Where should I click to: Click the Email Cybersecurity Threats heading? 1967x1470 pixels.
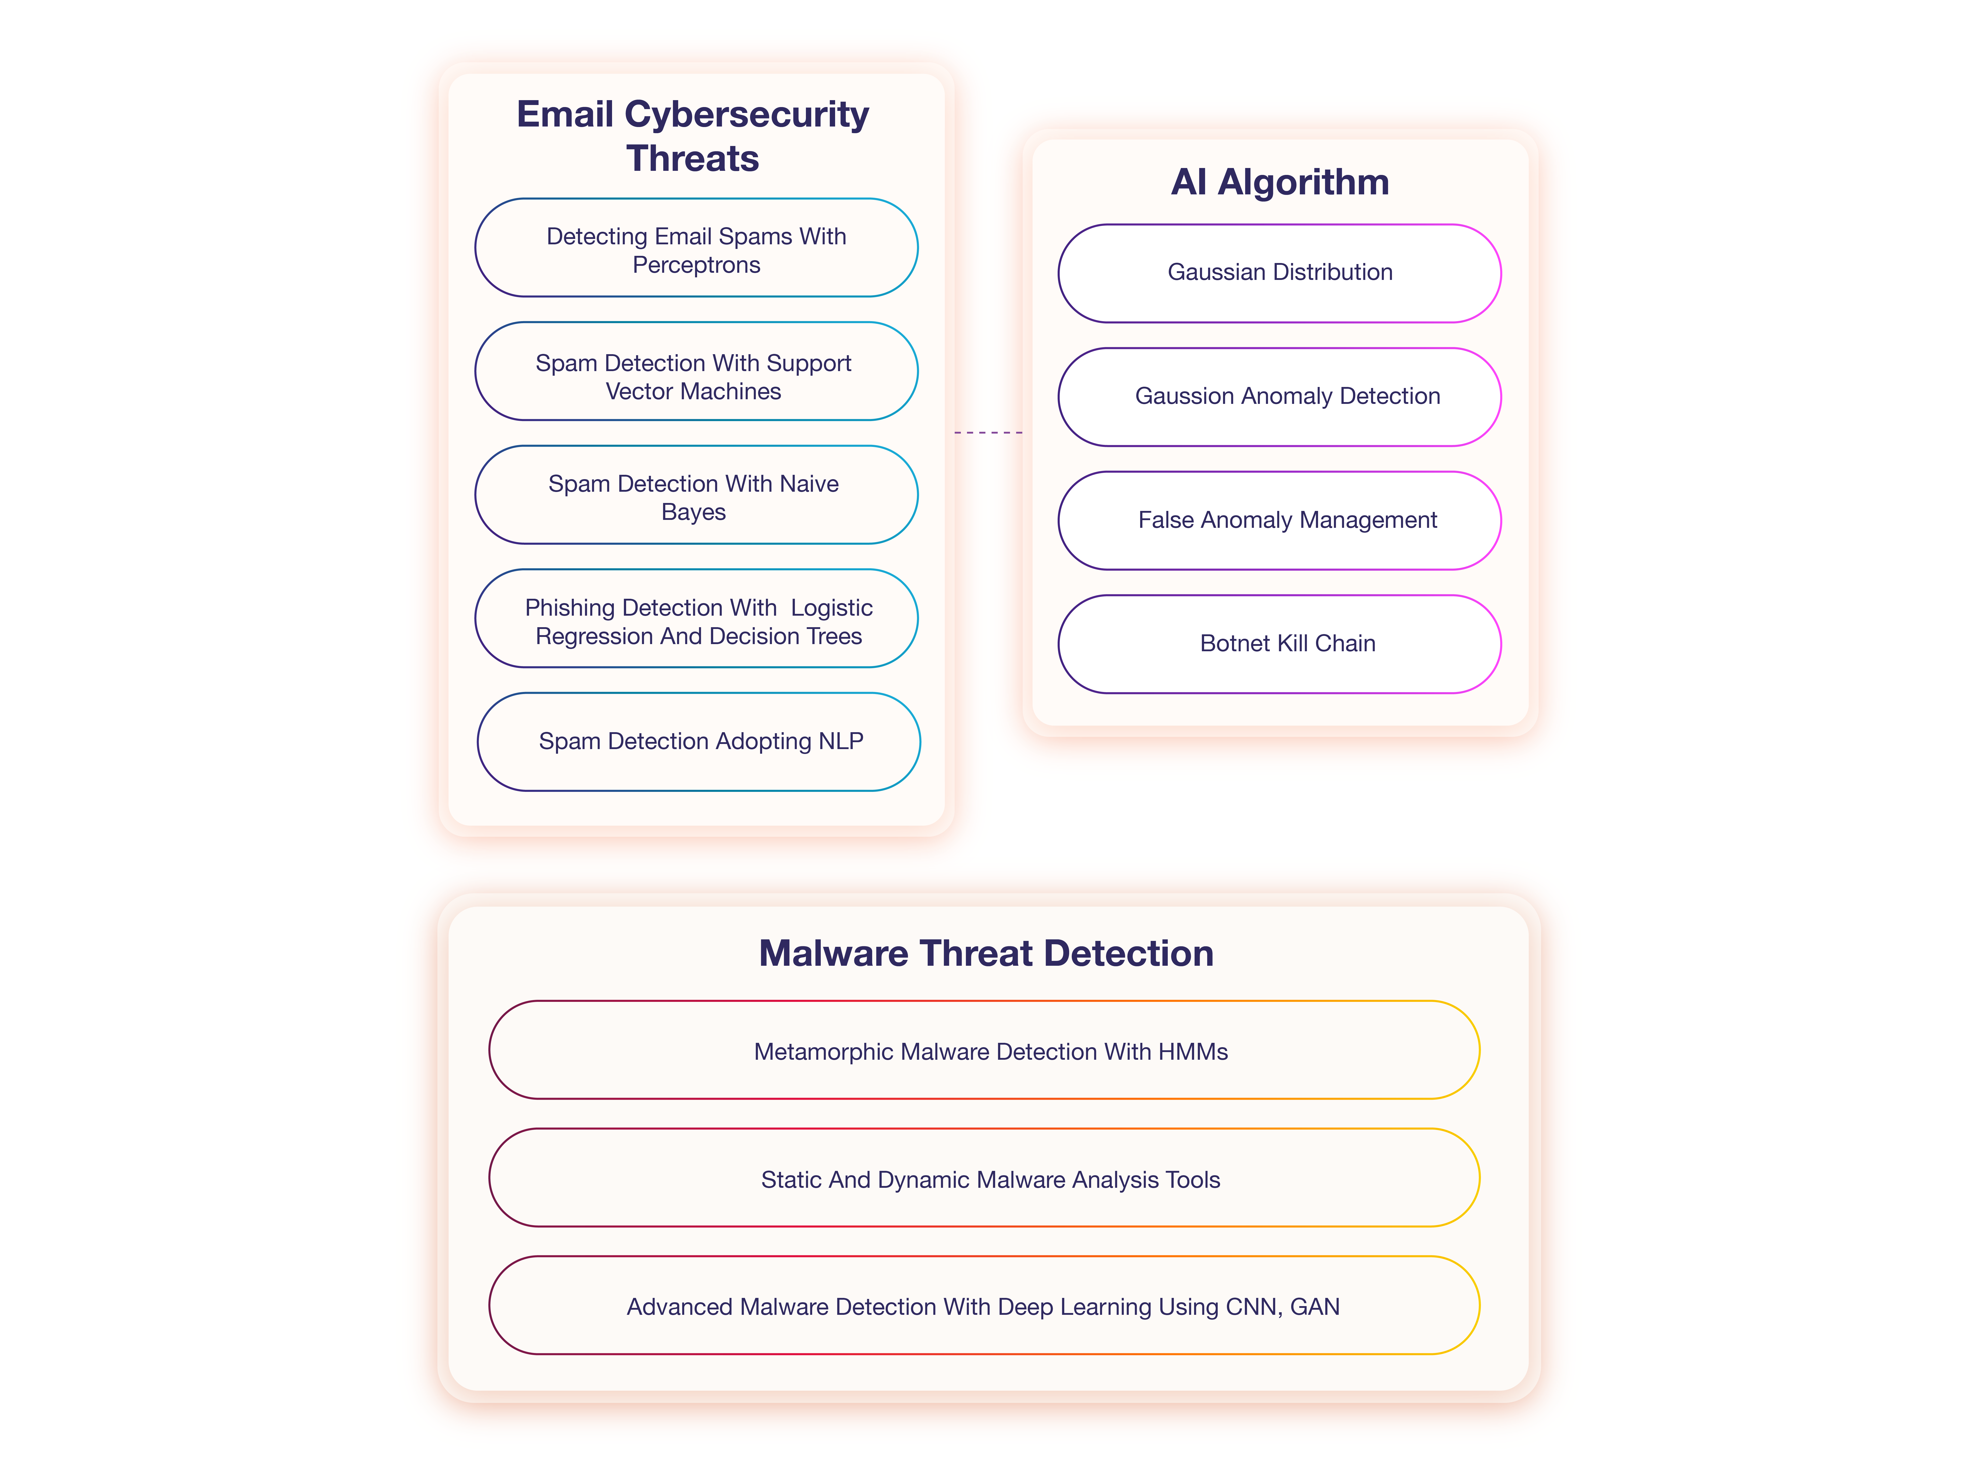(693, 136)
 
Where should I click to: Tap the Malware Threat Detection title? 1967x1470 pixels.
(986, 953)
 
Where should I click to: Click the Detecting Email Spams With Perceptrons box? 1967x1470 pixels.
(696, 247)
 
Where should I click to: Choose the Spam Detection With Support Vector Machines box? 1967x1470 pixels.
(696, 371)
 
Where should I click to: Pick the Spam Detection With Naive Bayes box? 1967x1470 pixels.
(696, 495)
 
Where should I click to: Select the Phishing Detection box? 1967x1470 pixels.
(696, 618)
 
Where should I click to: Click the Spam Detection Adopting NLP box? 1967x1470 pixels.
(699, 742)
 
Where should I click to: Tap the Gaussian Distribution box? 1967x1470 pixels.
(1280, 273)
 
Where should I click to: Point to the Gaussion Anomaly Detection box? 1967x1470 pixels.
(1280, 397)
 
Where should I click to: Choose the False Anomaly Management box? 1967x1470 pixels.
(1280, 520)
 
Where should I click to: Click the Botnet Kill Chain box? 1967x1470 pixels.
(1280, 644)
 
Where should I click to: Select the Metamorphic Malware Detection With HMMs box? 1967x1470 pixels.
(984, 1050)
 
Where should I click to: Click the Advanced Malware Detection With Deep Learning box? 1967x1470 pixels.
(984, 1306)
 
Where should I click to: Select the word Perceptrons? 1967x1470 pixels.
(696, 265)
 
